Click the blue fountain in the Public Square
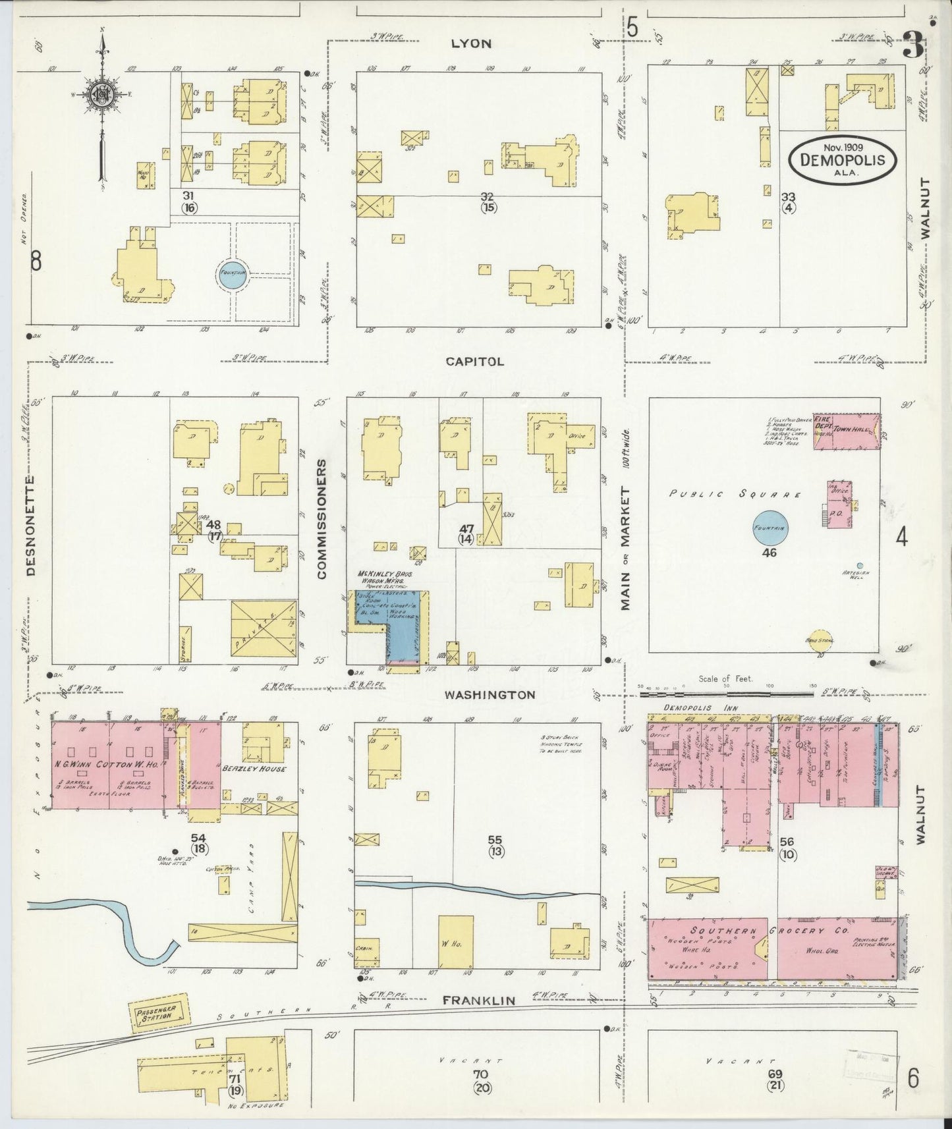tap(770, 528)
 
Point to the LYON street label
tap(471, 43)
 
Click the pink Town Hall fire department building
tap(846, 431)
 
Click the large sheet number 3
tap(912, 46)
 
